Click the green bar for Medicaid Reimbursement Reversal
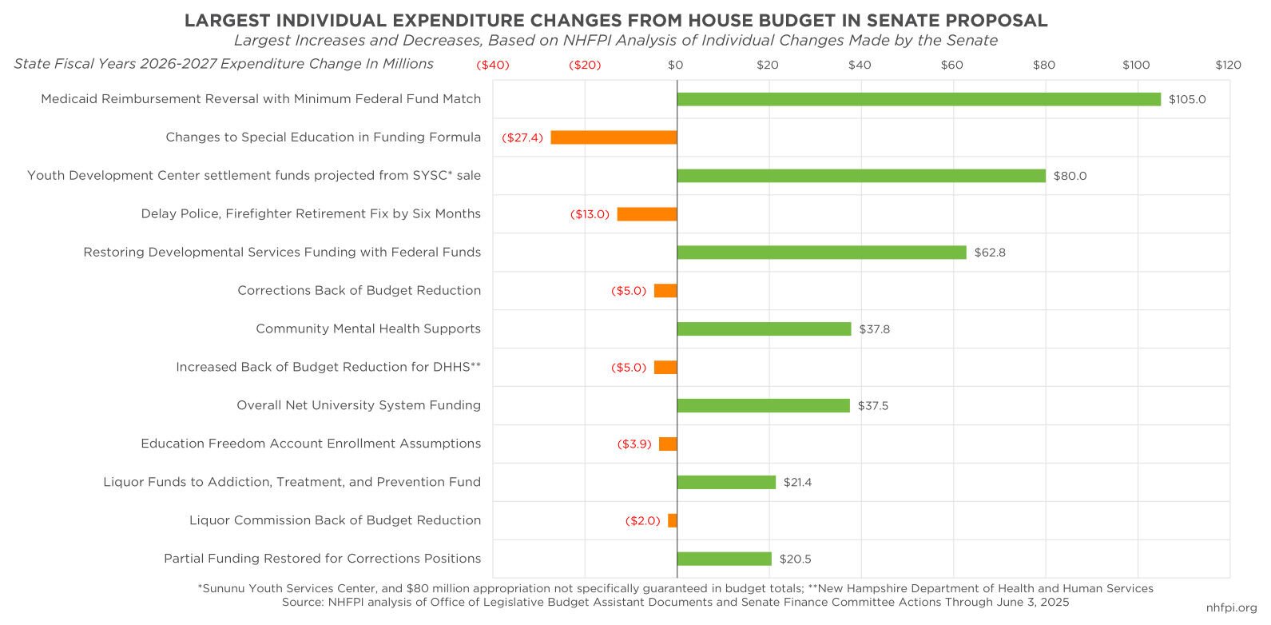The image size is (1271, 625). pos(919,99)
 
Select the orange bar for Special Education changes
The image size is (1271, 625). pos(614,137)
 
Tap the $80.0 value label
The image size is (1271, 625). pos(1070,176)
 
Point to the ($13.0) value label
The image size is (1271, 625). pos(590,214)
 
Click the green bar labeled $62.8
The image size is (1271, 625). pos(821,253)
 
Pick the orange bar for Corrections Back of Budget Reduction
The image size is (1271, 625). pos(665,291)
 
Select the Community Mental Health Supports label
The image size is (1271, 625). pos(368,328)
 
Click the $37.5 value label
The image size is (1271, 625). pos(873,406)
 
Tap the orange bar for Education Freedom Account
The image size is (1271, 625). pos(668,444)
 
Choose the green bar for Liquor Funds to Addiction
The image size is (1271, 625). pos(726,483)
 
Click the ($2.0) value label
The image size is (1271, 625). pos(643,521)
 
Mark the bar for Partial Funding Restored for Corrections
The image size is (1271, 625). pos(724,559)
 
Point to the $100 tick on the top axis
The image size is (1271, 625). pos(1135,65)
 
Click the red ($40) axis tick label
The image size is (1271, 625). pos(493,65)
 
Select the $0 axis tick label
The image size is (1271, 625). pos(676,65)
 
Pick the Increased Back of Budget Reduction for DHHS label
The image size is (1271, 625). pos(328,368)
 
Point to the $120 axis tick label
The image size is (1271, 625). pos(1228,65)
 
